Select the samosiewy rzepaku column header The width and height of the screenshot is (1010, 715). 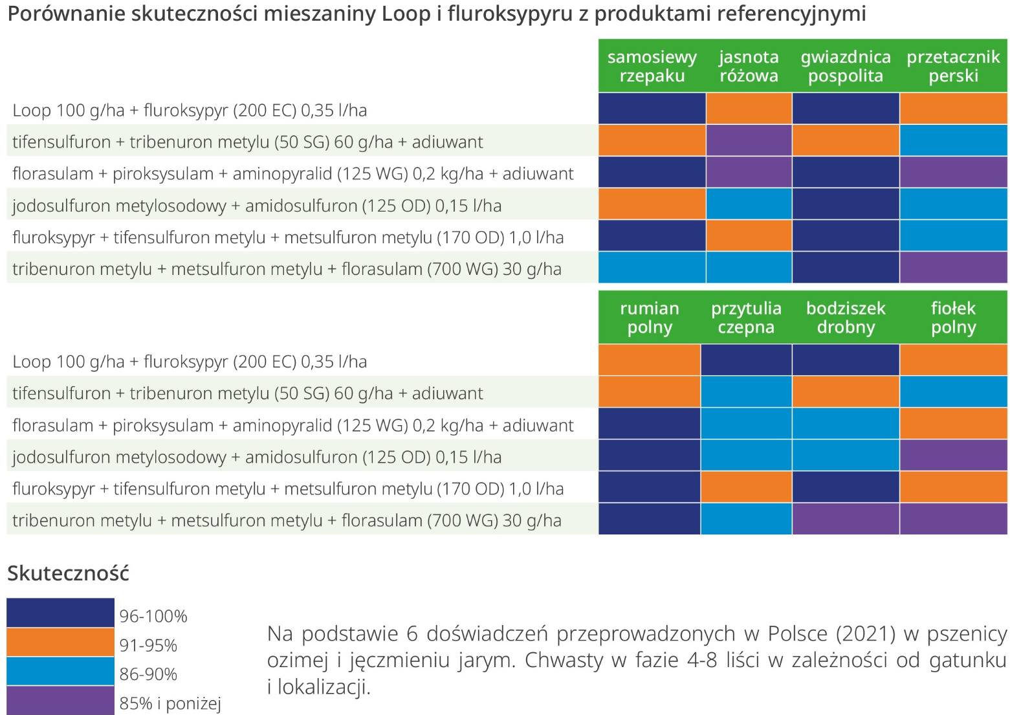point(652,66)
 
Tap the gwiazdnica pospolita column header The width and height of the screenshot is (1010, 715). point(845,66)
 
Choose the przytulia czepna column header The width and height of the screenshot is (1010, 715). point(746,318)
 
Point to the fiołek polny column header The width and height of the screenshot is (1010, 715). point(953,318)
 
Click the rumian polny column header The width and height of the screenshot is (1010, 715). point(649,318)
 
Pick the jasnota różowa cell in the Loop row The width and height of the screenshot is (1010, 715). point(749,109)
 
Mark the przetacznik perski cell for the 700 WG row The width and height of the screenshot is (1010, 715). point(953,268)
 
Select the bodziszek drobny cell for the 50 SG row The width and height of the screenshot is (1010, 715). point(845,392)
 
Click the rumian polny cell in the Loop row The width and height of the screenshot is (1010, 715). point(649,360)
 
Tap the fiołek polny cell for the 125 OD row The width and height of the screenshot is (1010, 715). point(953,456)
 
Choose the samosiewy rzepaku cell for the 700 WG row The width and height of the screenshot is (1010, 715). point(652,268)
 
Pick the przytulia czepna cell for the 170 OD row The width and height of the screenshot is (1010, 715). point(746,487)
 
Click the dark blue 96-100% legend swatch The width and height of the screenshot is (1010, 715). point(60,613)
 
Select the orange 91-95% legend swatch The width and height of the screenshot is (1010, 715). point(60,643)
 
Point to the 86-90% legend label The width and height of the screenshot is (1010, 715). point(148,674)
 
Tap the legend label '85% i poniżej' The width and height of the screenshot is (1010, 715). point(170,703)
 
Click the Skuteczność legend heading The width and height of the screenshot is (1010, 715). point(68,573)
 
